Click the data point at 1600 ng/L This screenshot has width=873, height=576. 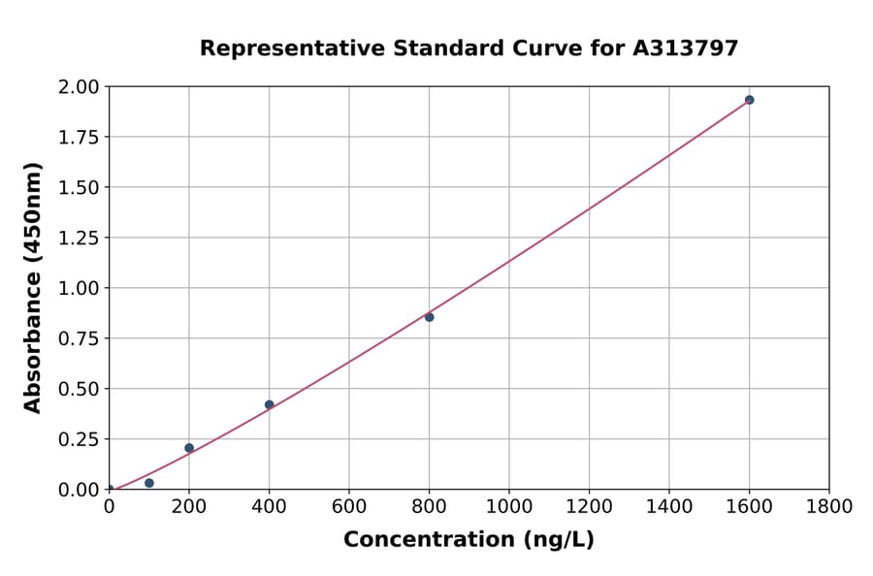(x=749, y=100)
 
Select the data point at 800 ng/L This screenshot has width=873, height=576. (x=429, y=317)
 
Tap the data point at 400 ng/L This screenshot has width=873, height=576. (x=269, y=404)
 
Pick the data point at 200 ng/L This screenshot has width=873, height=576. (x=189, y=448)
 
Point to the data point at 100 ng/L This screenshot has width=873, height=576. (x=148, y=483)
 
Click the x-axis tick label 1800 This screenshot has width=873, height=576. (x=828, y=507)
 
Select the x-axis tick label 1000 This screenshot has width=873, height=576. (x=508, y=507)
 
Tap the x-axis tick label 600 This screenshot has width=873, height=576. (x=349, y=507)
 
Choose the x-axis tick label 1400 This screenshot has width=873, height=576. (x=668, y=507)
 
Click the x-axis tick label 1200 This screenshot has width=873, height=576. (x=589, y=507)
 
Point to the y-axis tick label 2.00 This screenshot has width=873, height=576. (x=79, y=87)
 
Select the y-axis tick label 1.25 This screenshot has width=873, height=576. (x=79, y=238)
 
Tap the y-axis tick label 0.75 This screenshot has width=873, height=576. (x=79, y=338)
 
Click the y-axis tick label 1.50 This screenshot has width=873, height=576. (x=79, y=187)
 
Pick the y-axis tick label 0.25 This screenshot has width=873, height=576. (x=79, y=439)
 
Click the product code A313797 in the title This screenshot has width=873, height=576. (x=686, y=48)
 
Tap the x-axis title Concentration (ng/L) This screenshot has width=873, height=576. (x=469, y=539)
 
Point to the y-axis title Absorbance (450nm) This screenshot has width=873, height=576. (x=33, y=288)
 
